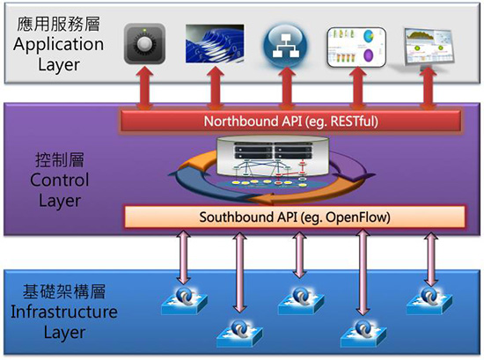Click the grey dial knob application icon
[144, 43]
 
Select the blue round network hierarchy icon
[285, 45]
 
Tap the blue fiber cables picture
[215, 43]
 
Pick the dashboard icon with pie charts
[356, 47]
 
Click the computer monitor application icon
[429, 48]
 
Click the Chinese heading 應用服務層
[58, 25]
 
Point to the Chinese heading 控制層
[60, 160]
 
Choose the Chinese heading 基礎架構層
[64, 291]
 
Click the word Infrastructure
[64, 312]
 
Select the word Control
[60, 180]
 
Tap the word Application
[58, 45]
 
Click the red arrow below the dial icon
[145, 89]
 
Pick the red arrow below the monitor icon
[428, 89]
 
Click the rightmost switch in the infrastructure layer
[429, 300]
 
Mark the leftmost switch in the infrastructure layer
[184, 301]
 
